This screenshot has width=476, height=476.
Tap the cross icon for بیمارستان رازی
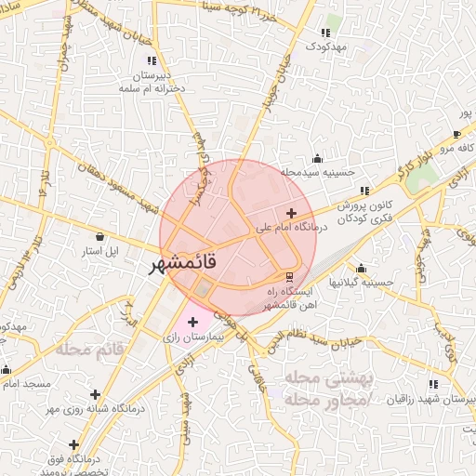pyautogui.click(x=192, y=322)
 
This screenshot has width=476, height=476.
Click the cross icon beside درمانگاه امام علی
pyautogui.click(x=292, y=213)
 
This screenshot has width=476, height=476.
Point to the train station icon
pyautogui.click(x=289, y=277)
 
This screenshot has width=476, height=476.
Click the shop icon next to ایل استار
pyautogui.click(x=101, y=235)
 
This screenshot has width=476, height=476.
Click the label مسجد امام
pyautogui.click(x=26, y=384)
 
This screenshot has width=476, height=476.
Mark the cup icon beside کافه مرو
pyautogui.click(x=456, y=134)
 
